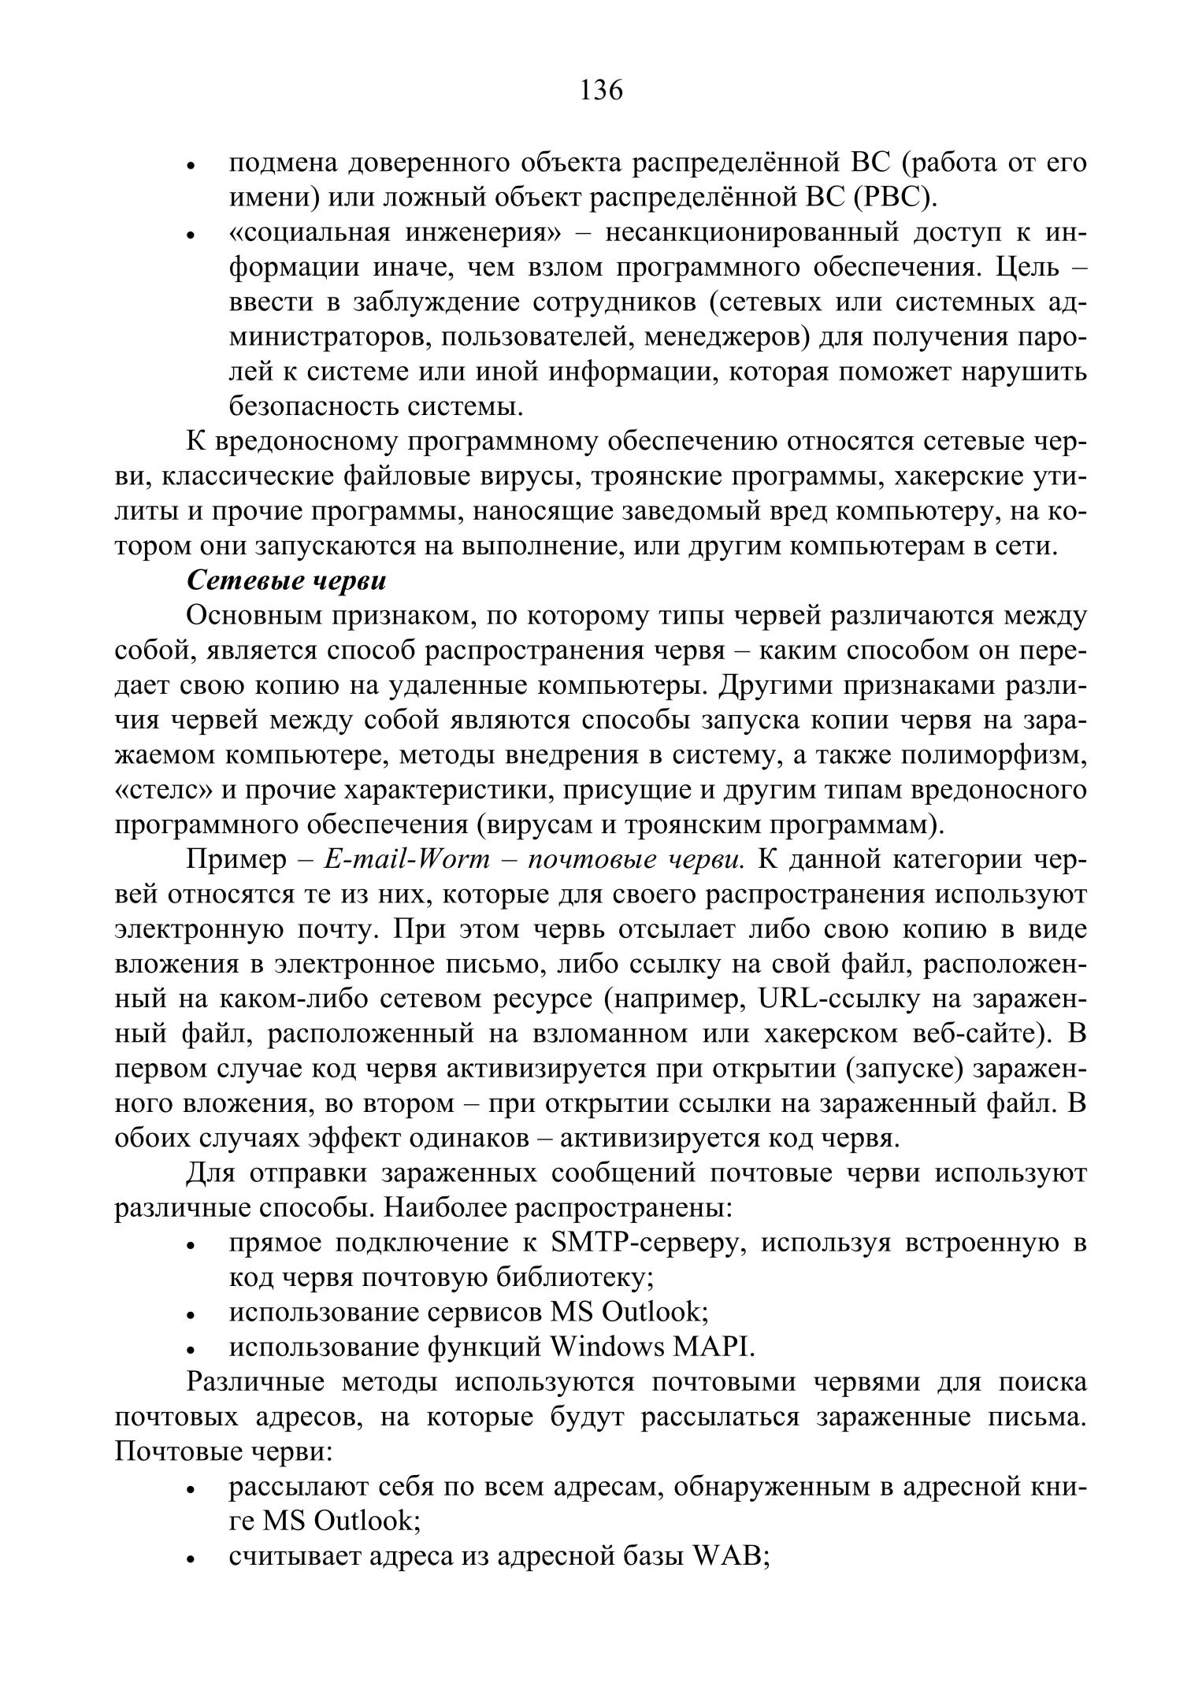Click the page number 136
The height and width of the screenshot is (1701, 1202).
pyautogui.click(x=601, y=91)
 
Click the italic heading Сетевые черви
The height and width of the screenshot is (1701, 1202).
pyautogui.click(x=287, y=580)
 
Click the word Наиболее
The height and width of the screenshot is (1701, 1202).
pyautogui.click(x=444, y=1207)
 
